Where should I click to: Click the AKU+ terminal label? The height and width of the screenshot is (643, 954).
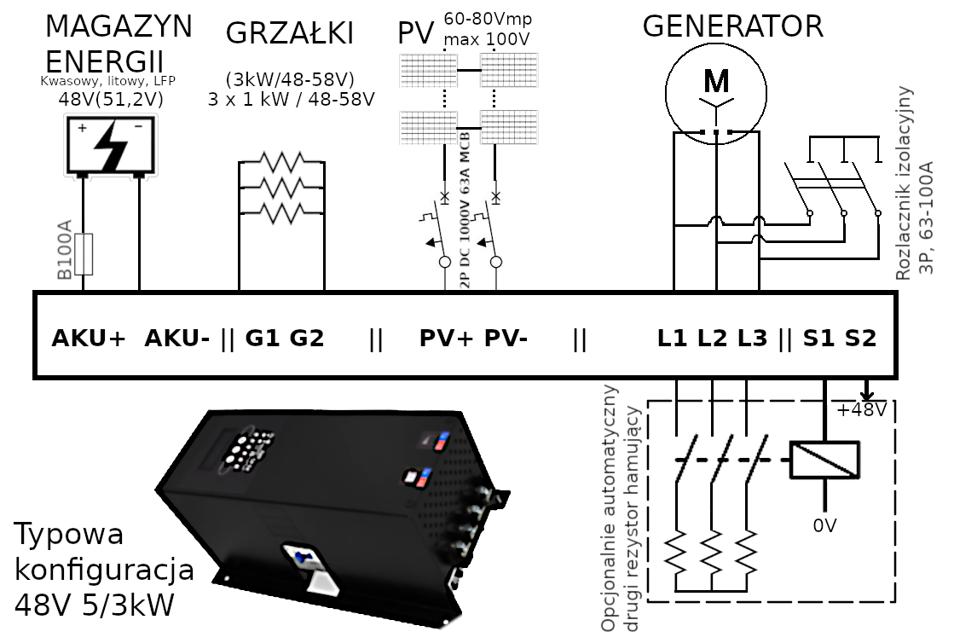pos(89,339)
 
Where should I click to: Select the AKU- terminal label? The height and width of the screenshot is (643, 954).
pos(176,339)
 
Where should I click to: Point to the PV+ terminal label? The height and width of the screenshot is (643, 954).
pos(446,339)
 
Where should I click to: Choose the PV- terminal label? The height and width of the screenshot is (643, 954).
pos(506,339)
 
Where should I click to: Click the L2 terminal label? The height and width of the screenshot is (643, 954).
pos(713,339)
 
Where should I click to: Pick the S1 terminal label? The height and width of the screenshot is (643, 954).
pos(818,339)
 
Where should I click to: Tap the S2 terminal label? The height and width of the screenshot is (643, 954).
pos(860,339)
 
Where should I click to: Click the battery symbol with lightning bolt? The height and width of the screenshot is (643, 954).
pos(110,146)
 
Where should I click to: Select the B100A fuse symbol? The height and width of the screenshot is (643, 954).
pos(84,255)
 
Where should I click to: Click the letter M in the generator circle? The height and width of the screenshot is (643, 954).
pos(717,81)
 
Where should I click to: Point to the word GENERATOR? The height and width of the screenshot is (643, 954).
pos(732,26)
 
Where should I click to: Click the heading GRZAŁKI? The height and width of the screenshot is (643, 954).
pos(289,34)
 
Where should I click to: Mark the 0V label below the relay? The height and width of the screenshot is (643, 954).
pos(824,526)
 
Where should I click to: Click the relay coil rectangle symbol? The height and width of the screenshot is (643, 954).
pos(824,460)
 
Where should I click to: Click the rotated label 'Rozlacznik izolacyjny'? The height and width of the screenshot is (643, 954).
pos(905,183)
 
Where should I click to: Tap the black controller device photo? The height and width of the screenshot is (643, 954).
pos(332,512)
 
